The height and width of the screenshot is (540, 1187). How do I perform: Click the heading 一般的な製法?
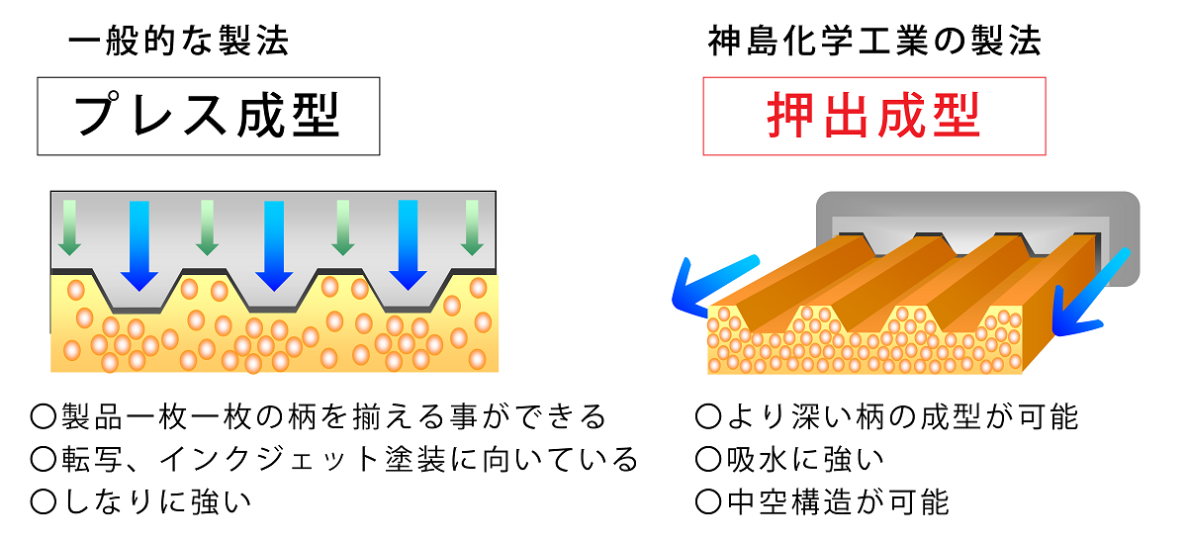click(178, 41)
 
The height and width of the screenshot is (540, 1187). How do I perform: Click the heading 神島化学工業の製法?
click(874, 41)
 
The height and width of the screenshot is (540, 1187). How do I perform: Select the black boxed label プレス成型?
click(208, 116)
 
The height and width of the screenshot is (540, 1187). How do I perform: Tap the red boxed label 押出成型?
click(874, 116)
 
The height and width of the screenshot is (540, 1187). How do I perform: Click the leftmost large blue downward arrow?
click(139, 243)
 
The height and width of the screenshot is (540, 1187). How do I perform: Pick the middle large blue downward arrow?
click(274, 243)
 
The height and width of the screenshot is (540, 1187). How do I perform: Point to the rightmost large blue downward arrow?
click(409, 243)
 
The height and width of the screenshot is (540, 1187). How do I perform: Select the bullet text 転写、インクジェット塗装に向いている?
click(348, 460)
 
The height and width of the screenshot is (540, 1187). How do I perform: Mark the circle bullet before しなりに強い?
click(43, 501)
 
